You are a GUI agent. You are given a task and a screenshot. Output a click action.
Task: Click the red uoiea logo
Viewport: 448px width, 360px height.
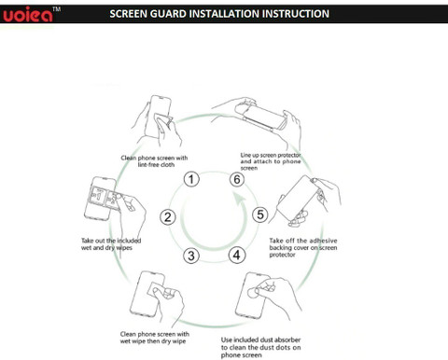(x=28, y=15)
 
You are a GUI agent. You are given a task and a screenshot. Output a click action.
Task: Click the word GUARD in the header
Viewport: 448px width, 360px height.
(x=168, y=14)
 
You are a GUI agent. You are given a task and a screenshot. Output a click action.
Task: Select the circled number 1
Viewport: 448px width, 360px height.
(x=191, y=179)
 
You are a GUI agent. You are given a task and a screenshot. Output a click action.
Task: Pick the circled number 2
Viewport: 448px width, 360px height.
(x=168, y=217)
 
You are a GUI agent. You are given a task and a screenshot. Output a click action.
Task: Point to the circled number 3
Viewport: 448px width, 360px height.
(x=191, y=256)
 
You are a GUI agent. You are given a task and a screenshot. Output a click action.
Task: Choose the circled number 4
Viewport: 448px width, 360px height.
(x=237, y=256)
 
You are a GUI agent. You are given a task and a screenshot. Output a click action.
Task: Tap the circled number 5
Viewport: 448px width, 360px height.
(x=260, y=215)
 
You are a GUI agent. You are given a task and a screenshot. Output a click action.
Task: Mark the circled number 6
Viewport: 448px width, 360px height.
(x=237, y=179)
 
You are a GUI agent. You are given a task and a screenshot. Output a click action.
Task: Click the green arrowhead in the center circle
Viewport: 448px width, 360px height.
(x=239, y=200)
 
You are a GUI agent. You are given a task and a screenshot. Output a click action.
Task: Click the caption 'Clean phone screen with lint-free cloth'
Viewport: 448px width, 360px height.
(x=154, y=161)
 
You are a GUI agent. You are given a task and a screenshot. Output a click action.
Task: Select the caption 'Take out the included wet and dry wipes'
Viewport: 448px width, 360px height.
(x=111, y=244)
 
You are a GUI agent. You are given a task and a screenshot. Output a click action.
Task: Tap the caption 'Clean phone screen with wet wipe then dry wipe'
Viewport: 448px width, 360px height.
(x=155, y=338)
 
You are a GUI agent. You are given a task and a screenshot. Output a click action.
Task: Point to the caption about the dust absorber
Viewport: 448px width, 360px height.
(x=261, y=347)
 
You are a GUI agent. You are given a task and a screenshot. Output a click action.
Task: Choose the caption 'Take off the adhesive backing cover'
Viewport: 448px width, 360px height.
(x=303, y=247)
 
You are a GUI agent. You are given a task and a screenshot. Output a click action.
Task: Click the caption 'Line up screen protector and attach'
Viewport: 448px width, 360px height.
(x=271, y=161)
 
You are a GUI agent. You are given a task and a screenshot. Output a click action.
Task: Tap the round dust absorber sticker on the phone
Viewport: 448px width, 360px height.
(x=252, y=292)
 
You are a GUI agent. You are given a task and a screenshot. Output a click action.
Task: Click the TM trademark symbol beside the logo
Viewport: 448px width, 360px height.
(x=57, y=9)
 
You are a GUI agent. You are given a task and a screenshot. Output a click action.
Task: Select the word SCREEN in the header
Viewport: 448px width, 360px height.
(x=128, y=14)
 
